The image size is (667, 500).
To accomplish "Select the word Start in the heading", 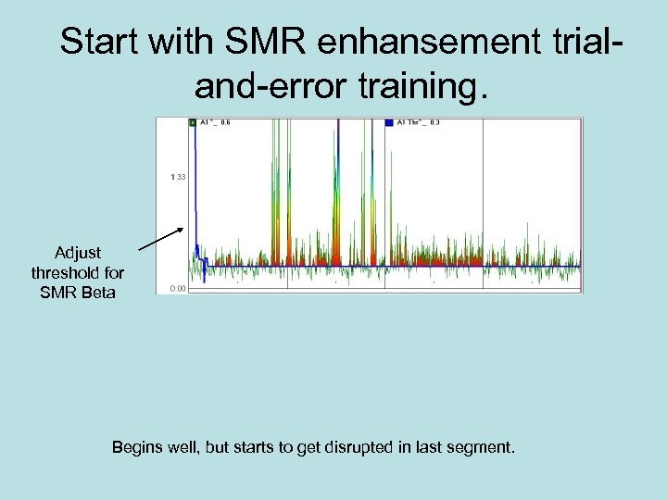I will (97, 43).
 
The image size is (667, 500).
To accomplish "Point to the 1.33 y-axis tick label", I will (178, 177).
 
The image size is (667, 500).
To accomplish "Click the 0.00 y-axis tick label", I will (178, 289).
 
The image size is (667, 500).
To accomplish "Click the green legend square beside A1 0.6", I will (193, 121).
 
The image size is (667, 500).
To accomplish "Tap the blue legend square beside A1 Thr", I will (389, 121).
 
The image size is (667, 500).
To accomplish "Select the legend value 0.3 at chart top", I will (434, 121).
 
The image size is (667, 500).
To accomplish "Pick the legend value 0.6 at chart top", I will (225, 121).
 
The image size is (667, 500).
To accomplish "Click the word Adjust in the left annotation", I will (78, 253).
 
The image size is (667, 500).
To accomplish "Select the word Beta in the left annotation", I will (98, 294).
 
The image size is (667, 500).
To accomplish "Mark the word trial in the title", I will (573, 43).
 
